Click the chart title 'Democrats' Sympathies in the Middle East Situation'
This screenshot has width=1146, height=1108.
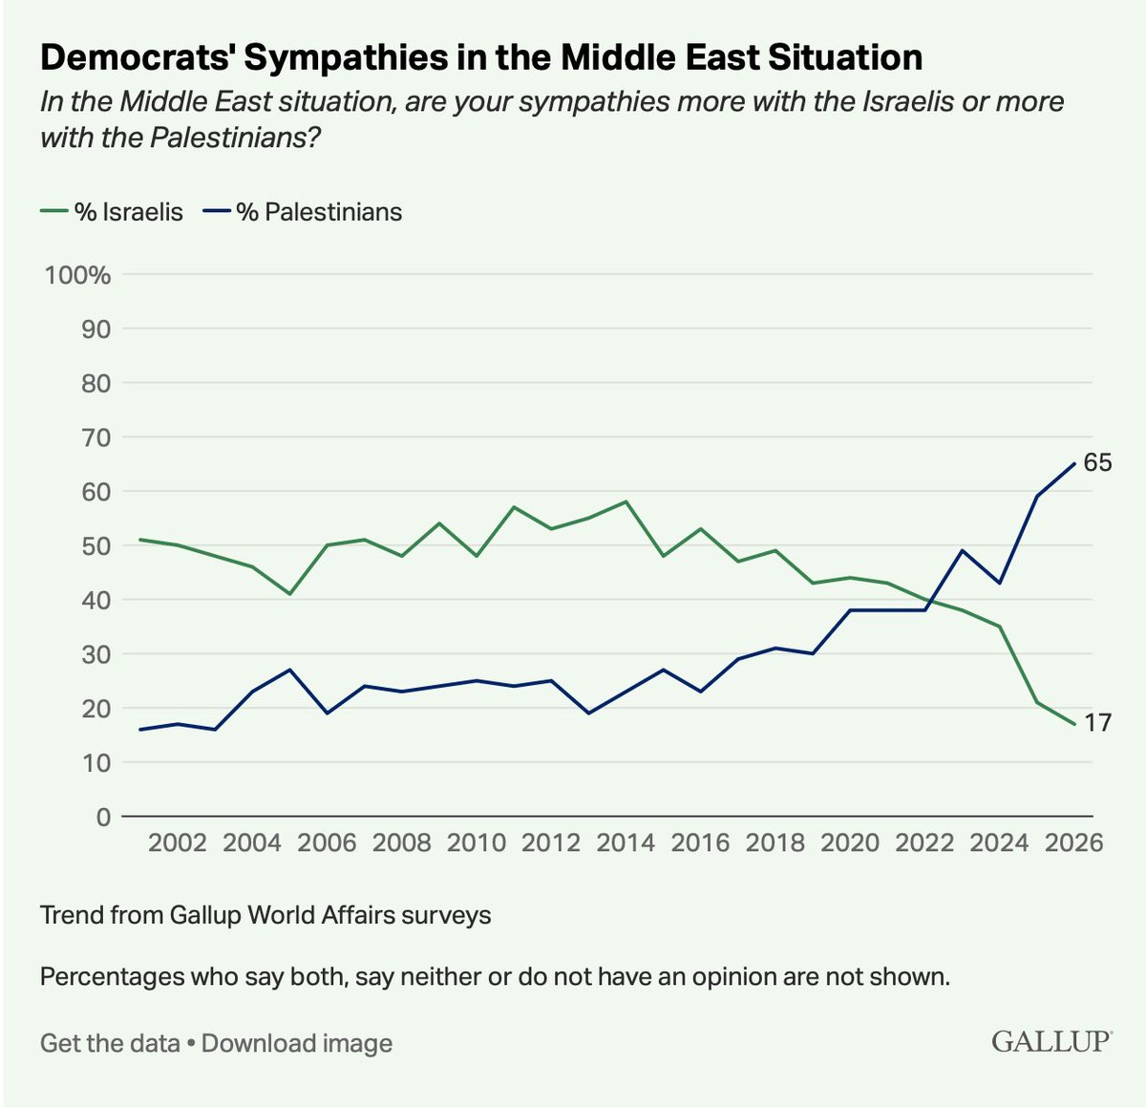point(481,58)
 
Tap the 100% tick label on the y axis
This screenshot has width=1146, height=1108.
point(78,275)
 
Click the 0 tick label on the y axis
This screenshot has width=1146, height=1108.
point(102,817)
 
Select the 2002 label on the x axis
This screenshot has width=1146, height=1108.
point(178,842)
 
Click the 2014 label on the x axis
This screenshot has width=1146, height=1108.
point(626,842)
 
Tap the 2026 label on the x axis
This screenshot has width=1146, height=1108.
point(1073,842)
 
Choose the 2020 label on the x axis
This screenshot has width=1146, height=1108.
point(850,842)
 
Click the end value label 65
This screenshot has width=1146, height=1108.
point(1097,463)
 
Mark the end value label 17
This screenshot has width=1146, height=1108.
point(1097,723)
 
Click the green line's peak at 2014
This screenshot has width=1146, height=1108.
point(626,501)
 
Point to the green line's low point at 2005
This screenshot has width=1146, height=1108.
point(289,594)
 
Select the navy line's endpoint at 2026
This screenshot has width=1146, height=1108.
point(1074,464)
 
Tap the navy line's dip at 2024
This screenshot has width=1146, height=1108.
point(999,583)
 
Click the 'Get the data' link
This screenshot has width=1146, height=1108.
point(110,1043)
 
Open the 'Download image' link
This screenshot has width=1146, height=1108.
point(297,1043)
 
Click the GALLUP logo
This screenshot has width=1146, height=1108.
point(1051,1040)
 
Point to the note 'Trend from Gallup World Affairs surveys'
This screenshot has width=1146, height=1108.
point(265,915)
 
